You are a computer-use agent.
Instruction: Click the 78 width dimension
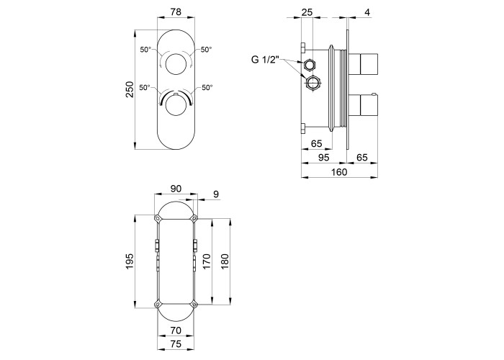176,12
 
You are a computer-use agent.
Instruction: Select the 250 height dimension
129,89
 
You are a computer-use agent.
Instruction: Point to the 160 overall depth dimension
339,172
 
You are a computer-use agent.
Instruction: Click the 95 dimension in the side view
324,158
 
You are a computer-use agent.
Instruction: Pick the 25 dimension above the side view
307,12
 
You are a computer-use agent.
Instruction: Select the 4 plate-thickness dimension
368,12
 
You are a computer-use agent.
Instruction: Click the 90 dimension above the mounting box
176,189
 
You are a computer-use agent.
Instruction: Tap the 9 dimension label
216,194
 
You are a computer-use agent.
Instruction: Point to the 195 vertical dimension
129,261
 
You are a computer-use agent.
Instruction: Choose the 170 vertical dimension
207,261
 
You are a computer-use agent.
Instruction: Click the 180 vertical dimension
225,261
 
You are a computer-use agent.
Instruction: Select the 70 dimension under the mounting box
176,330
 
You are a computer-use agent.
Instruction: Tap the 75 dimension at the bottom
176,343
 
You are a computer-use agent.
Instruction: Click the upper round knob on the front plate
176,65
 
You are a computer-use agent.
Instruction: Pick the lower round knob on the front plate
176,106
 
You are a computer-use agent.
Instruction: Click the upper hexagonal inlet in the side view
310,66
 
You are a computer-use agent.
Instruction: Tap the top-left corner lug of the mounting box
158,218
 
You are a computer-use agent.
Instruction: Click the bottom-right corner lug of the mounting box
194,304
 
